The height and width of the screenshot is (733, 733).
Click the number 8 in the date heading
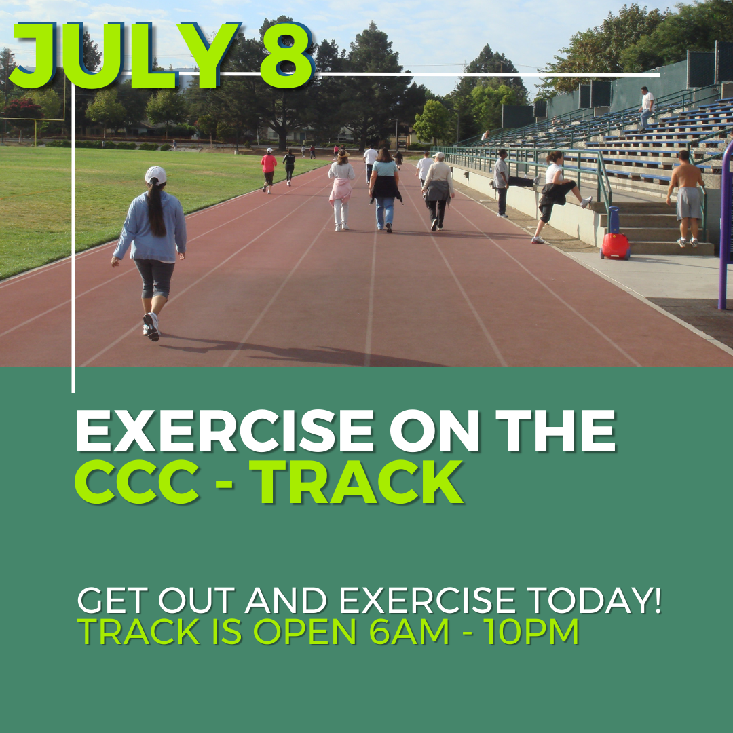point(286,57)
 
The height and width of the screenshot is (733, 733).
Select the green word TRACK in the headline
point(360,483)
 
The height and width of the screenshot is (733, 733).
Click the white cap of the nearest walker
point(155,175)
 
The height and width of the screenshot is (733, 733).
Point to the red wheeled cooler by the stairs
point(615,245)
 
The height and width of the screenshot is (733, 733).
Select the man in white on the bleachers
point(647,106)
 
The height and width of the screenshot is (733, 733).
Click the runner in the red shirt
point(269,166)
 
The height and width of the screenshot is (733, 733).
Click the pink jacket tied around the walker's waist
point(341,191)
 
